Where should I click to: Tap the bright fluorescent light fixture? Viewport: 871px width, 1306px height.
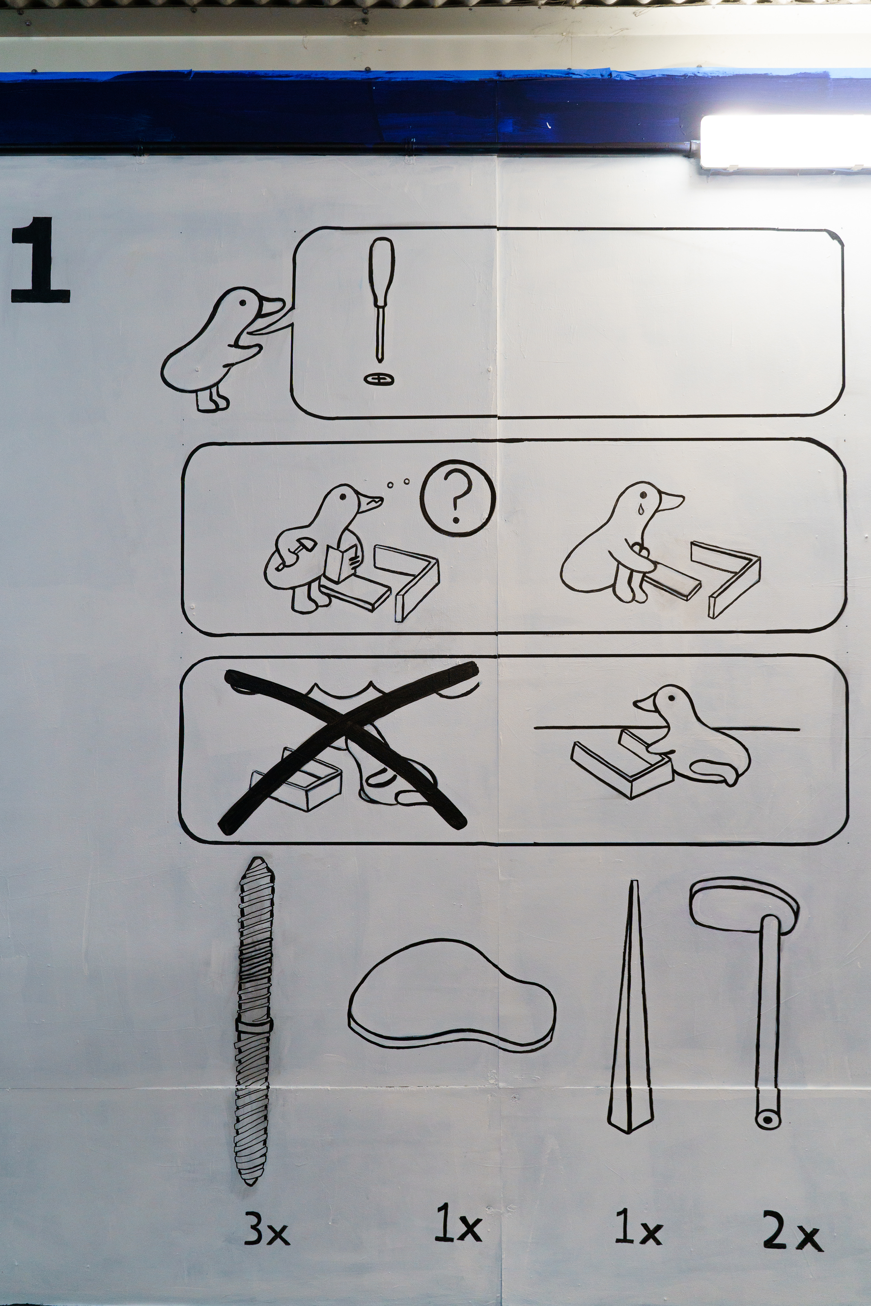coord(785,141)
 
